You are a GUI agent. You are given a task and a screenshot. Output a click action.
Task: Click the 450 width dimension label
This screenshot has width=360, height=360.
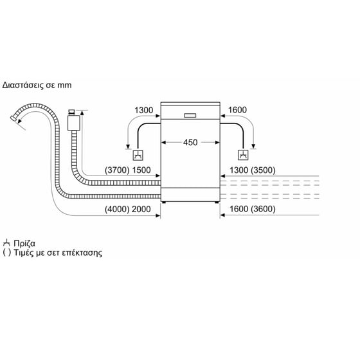pyautogui.click(x=190, y=142)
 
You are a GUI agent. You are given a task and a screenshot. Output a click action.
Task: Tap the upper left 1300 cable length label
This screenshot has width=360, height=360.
pyautogui.click(x=144, y=110)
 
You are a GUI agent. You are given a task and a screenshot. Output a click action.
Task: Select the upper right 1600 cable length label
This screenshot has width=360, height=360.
pyautogui.click(x=237, y=110)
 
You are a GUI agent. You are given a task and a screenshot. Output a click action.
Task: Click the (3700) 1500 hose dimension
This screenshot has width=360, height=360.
pyautogui.click(x=128, y=170)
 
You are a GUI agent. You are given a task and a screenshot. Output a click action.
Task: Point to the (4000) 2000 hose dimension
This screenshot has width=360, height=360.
pyautogui.click(x=128, y=209)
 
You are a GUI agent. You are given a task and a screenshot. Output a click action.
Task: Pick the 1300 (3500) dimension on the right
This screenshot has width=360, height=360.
pyautogui.click(x=252, y=170)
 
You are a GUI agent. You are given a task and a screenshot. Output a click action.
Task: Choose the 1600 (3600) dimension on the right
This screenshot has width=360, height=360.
pyautogui.click(x=252, y=209)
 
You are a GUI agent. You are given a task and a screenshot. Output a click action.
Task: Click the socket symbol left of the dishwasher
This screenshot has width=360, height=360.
pyautogui.click(x=138, y=155)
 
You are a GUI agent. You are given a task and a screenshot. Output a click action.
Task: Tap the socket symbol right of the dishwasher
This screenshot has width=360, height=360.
pyautogui.click(x=243, y=155)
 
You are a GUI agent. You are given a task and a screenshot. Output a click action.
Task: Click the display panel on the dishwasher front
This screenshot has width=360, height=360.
pyautogui.click(x=190, y=115)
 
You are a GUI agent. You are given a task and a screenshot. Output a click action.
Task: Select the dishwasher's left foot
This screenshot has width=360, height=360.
pyautogui.click(x=164, y=203)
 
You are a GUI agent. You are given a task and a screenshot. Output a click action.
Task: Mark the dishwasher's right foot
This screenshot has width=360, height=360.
pyautogui.click(x=217, y=203)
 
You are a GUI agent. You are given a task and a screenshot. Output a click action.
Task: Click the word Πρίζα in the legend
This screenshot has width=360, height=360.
pyautogui.click(x=24, y=244)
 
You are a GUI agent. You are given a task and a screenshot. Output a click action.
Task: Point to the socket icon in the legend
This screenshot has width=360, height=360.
pyautogui.click(x=6, y=243)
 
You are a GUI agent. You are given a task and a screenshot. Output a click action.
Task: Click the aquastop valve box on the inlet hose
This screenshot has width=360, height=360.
pyautogui.click(x=74, y=123)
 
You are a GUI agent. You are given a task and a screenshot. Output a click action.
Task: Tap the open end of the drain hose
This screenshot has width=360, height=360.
pyautogui.click(x=13, y=118)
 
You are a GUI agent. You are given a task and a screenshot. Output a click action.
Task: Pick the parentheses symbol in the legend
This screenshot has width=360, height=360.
pyautogui.click(x=6, y=253)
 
